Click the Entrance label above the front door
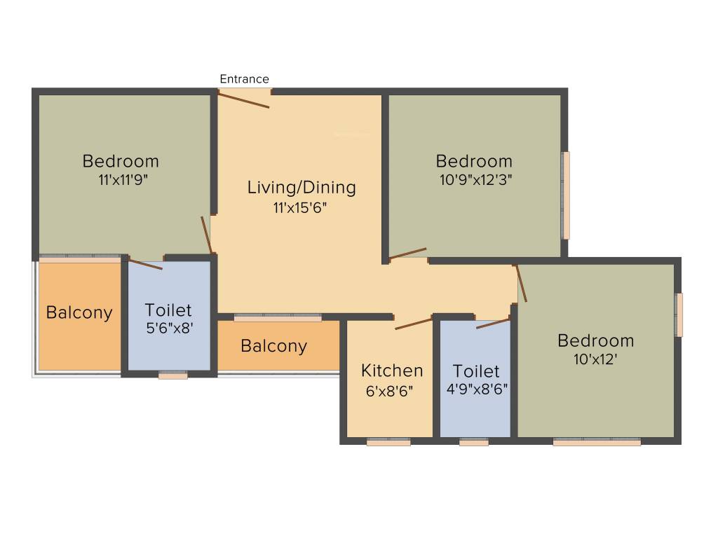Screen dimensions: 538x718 [x=244, y=79]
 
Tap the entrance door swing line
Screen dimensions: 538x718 [x=243, y=100]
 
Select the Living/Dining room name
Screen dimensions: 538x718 [x=302, y=188]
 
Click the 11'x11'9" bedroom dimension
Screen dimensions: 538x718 [x=123, y=179]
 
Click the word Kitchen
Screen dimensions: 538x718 [x=392, y=371]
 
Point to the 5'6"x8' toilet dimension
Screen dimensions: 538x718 [x=168, y=328]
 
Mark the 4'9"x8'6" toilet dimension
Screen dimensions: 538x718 [x=476, y=390]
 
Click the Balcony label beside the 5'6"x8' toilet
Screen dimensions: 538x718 [x=79, y=312]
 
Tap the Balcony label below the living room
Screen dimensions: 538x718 [x=273, y=346]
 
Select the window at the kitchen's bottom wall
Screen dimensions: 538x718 [x=388, y=442]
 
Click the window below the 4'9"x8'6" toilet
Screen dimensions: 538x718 [x=474, y=442]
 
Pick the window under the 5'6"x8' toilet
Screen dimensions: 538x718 [x=172, y=375]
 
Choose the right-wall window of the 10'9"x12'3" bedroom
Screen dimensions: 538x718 [x=566, y=195]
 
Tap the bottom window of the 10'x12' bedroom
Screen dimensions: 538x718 [x=597, y=442]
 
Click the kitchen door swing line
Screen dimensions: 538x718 [x=414, y=323]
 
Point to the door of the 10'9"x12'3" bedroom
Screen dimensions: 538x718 [x=408, y=253]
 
